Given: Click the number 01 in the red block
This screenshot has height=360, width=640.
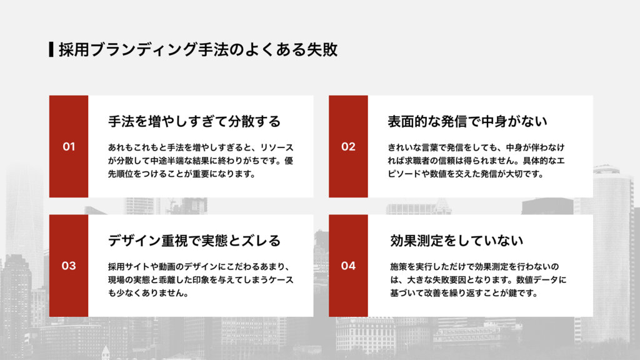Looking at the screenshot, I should pyautogui.click(x=69, y=147).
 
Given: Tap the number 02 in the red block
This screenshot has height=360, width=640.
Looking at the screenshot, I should pyautogui.click(x=348, y=147).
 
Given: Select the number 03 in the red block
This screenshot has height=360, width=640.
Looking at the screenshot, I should pyautogui.click(x=69, y=266).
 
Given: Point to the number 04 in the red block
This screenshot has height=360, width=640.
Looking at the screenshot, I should pyautogui.click(x=348, y=266).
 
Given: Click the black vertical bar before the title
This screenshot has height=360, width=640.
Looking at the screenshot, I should pyautogui.click(x=51, y=49).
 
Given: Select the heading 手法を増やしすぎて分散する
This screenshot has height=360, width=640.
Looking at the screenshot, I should pyautogui.click(x=194, y=121).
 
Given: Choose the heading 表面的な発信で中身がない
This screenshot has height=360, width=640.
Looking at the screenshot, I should pyautogui.click(x=467, y=121).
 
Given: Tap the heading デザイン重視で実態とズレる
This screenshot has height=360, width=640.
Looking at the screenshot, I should pyautogui.click(x=194, y=240).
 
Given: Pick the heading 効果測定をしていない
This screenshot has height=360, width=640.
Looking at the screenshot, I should pyautogui.click(x=456, y=240).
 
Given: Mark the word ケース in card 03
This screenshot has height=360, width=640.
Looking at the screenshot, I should pyautogui.click(x=279, y=280).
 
